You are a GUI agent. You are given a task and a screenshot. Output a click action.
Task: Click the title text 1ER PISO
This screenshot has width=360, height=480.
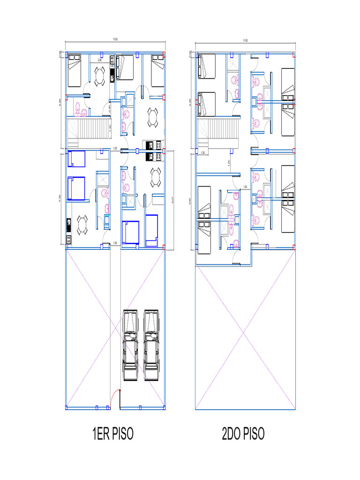[113, 434]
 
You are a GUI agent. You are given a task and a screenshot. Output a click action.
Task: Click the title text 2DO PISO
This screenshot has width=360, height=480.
[243, 434]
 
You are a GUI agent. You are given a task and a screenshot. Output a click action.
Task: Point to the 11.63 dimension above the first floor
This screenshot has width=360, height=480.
[115, 40]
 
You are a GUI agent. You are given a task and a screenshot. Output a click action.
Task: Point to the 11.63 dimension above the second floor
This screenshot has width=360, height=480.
[245, 41]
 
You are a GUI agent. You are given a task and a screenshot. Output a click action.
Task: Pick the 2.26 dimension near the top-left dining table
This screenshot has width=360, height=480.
[99, 60]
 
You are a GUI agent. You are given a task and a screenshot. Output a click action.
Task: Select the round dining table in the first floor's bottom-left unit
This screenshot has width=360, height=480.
[82, 225]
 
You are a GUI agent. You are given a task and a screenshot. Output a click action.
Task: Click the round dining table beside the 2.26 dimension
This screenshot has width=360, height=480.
[99, 76]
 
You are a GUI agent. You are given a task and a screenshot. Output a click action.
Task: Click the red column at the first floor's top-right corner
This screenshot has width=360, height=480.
[165, 53]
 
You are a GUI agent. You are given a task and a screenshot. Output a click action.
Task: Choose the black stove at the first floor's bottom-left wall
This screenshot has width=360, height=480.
[68, 225]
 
